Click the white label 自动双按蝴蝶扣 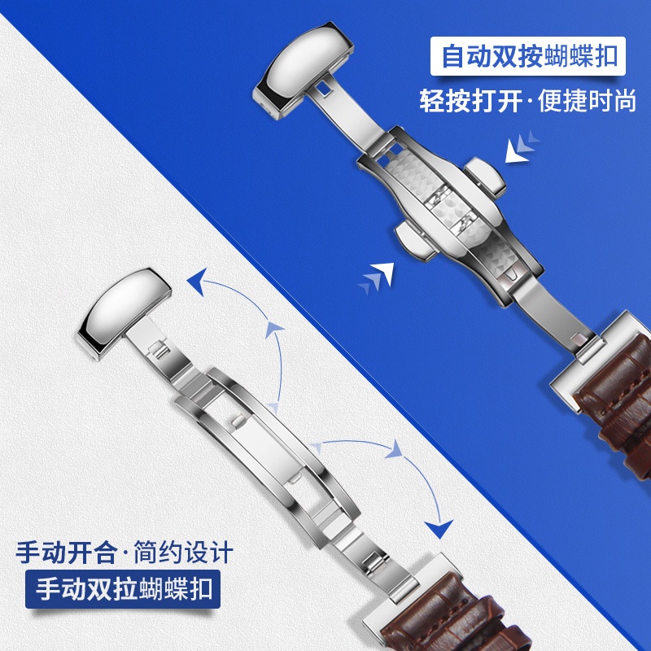point(527,56)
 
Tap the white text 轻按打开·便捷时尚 point(527,100)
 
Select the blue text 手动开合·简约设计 point(125,553)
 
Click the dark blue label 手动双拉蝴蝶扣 point(123,588)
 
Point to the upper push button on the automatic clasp point(485,177)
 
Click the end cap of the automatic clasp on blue point(303,70)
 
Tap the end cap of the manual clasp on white point(124,313)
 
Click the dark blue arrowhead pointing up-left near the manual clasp point(197,281)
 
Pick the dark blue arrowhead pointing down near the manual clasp point(439,528)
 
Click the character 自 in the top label point(453,56)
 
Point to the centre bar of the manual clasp point(267,448)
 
